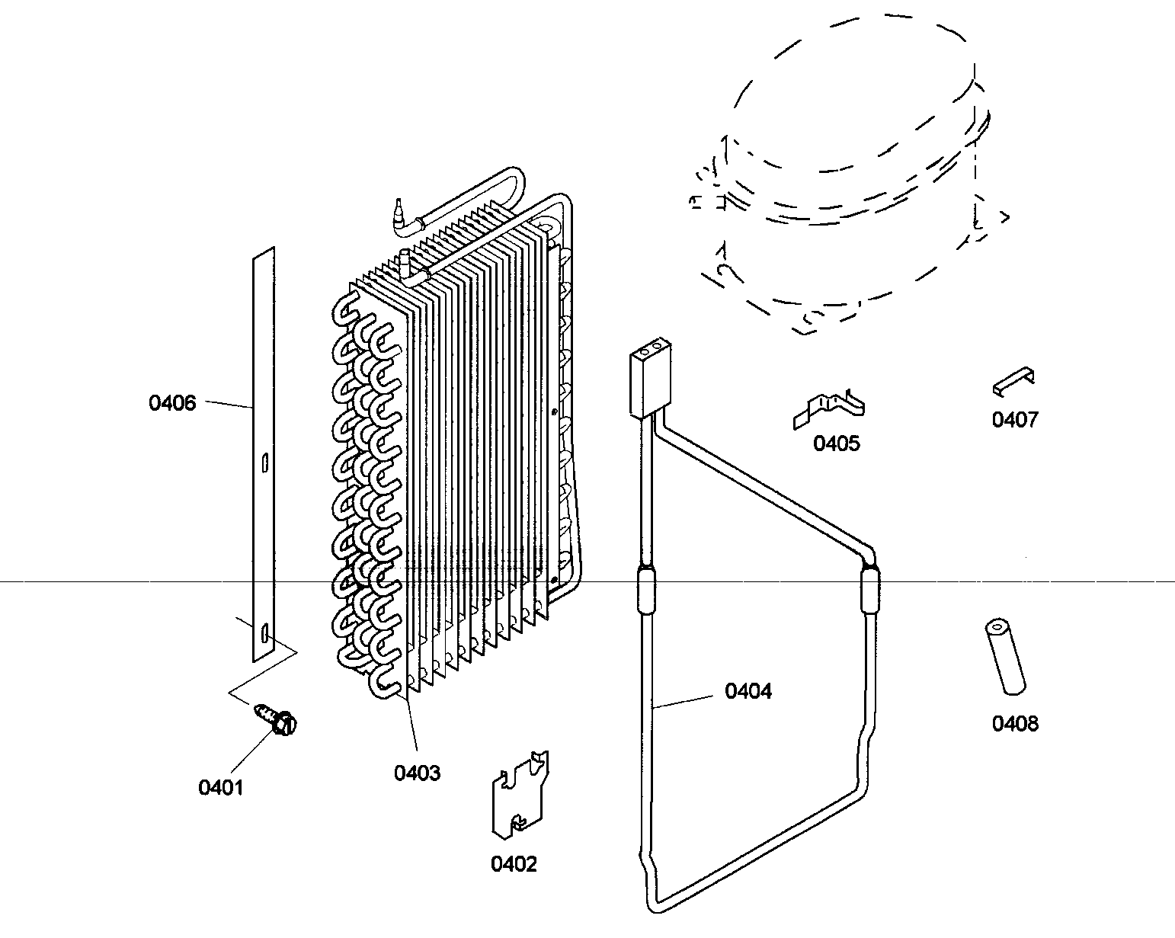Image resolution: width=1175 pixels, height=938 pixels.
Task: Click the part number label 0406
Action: coord(172,403)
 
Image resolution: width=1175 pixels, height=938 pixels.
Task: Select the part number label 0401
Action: coord(220,787)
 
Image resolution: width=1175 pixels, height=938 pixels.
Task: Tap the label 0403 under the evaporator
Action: coord(417,773)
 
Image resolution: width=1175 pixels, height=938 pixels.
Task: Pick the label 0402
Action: coord(514,864)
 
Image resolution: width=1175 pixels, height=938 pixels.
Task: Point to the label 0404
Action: coord(748,691)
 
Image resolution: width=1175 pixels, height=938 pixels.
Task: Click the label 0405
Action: coord(836,443)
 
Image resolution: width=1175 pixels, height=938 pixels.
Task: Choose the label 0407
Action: coord(1014,419)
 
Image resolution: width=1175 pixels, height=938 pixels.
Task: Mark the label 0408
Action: coord(1014,723)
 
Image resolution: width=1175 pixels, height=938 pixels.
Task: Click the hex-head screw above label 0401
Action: coord(276,719)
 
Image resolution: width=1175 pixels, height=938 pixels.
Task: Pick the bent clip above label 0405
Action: coord(829,409)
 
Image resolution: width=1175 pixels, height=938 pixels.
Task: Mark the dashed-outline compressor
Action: coord(846,175)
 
